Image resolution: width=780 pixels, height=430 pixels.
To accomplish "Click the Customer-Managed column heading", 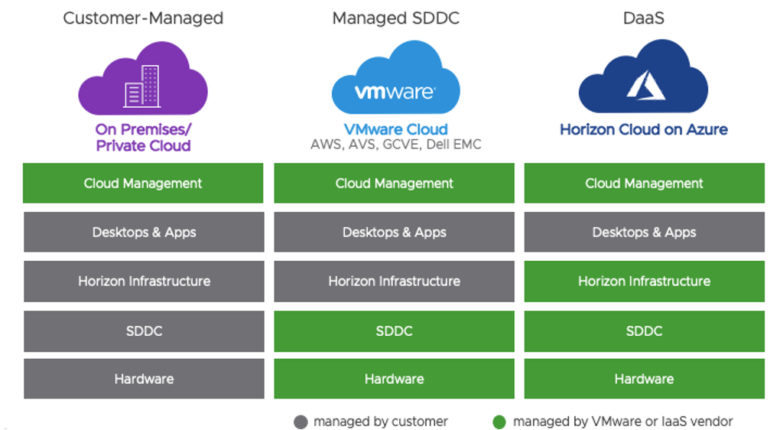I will (143, 18).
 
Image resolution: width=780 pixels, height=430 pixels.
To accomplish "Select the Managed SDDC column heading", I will (395, 18).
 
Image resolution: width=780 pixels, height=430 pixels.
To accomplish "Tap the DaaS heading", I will (644, 18).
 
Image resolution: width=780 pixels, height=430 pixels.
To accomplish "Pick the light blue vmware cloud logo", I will (395, 83).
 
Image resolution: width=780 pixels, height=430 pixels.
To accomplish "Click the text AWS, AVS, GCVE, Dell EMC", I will (395, 145).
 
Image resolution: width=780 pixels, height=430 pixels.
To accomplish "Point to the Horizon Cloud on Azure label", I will (644, 129).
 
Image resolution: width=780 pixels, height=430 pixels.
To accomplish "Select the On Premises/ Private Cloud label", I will (143, 137).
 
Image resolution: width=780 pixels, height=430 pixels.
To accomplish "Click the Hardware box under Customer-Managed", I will (143, 379).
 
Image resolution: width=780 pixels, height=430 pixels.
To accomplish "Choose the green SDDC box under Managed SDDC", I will (394, 331).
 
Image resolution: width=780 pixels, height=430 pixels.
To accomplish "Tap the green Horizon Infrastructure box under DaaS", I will (644, 281).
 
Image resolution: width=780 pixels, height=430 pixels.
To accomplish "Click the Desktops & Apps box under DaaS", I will (644, 233).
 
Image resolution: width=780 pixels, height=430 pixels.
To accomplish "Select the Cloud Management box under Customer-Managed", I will (143, 184).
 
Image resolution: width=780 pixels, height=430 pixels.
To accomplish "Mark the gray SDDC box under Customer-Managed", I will (143, 331).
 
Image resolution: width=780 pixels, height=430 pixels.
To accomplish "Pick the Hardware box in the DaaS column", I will (644, 379).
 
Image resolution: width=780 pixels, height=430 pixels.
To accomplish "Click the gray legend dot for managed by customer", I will (301, 422).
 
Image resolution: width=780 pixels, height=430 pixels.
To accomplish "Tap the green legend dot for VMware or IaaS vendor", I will (500, 422).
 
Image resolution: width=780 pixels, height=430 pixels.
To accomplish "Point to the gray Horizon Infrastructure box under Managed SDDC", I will (394, 281).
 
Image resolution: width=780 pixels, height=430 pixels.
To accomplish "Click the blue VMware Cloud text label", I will (395, 129).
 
